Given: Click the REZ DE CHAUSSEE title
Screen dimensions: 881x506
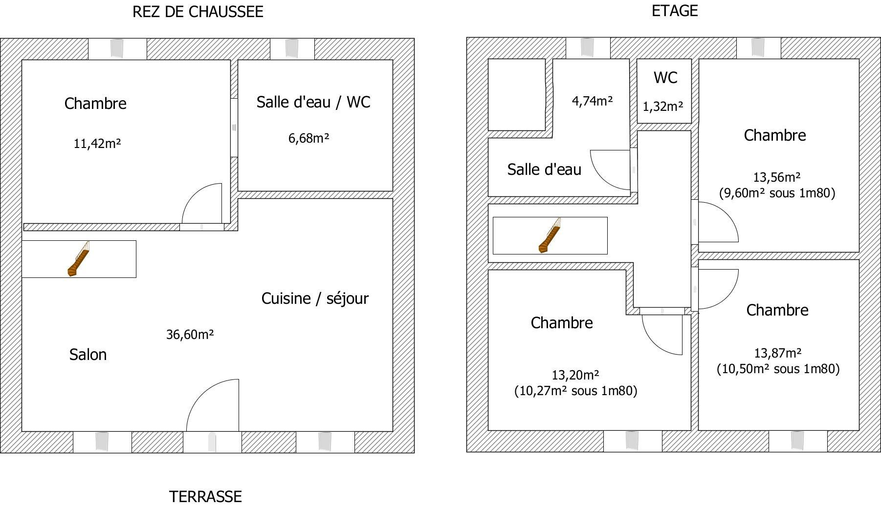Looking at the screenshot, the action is click(x=198, y=12).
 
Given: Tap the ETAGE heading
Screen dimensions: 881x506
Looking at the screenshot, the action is click(x=675, y=11).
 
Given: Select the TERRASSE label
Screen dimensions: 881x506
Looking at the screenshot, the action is click(x=205, y=497).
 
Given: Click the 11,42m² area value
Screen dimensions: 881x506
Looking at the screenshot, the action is click(x=97, y=144).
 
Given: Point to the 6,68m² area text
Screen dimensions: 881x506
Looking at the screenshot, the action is click(x=308, y=138).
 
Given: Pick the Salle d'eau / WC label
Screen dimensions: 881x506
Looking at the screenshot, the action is click(x=313, y=102).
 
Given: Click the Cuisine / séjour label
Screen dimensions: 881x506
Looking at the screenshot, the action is click(x=315, y=298).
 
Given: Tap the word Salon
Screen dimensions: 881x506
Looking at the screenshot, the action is click(x=88, y=355).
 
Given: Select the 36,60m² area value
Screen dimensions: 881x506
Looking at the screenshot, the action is click(x=190, y=335).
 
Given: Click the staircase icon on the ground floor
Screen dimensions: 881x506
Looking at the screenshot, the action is click(x=79, y=259).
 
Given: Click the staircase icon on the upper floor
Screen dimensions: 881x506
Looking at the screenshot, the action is click(x=550, y=235).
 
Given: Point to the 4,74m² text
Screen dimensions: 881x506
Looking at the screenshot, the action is click(x=593, y=101).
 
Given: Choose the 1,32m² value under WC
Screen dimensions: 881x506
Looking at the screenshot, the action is click(x=663, y=106).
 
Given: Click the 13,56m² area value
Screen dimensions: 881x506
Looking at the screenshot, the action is click(x=776, y=177).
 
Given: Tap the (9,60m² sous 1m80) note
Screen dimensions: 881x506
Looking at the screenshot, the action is click(x=777, y=193).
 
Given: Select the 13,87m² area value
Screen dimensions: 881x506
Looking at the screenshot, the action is click(x=778, y=353).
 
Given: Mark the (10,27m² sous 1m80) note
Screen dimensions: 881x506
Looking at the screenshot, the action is click(x=576, y=391).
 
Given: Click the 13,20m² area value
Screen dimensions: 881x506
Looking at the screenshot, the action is click(x=575, y=375).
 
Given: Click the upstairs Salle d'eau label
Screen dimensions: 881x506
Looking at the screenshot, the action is click(x=544, y=169).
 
